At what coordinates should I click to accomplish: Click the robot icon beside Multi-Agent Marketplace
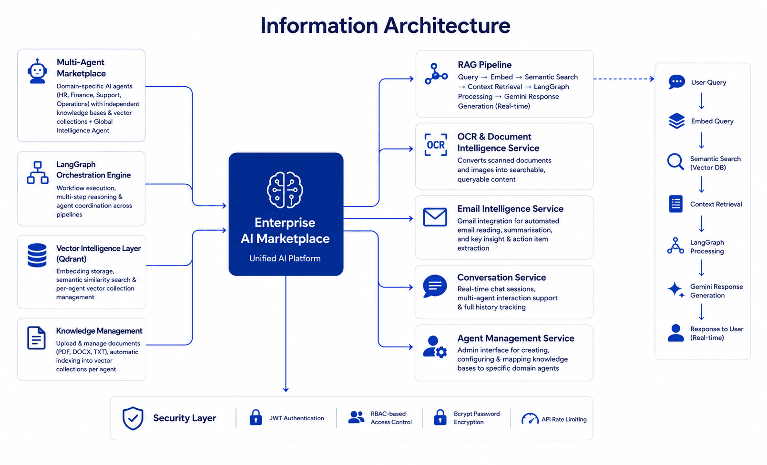click(x=37, y=71)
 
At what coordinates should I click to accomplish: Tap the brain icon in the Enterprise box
click(x=285, y=190)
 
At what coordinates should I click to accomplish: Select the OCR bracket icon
click(x=436, y=145)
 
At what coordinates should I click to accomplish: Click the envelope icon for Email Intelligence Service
click(x=435, y=217)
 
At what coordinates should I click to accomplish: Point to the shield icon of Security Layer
click(x=133, y=418)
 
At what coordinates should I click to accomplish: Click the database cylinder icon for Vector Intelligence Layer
click(x=37, y=255)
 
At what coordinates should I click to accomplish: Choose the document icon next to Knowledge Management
click(x=36, y=338)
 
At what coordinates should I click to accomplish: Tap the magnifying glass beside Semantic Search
click(x=675, y=161)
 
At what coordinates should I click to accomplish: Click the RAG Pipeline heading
click(x=484, y=65)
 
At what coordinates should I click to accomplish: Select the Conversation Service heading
click(x=501, y=277)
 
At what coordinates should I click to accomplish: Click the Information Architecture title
click(x=385, y=25)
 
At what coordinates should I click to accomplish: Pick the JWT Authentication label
click(x=297, y=418)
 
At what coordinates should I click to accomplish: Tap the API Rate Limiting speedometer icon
click(x=530, y=418)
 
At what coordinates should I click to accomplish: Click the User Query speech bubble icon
click(x=676, y=82)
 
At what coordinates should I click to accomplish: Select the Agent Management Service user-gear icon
click(x=435, y=346)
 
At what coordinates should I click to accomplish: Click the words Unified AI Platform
click(x=285, y=258)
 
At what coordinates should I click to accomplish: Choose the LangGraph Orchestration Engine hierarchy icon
click(x=37, y=173)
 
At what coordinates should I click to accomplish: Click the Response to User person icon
click(x=675, y=333)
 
